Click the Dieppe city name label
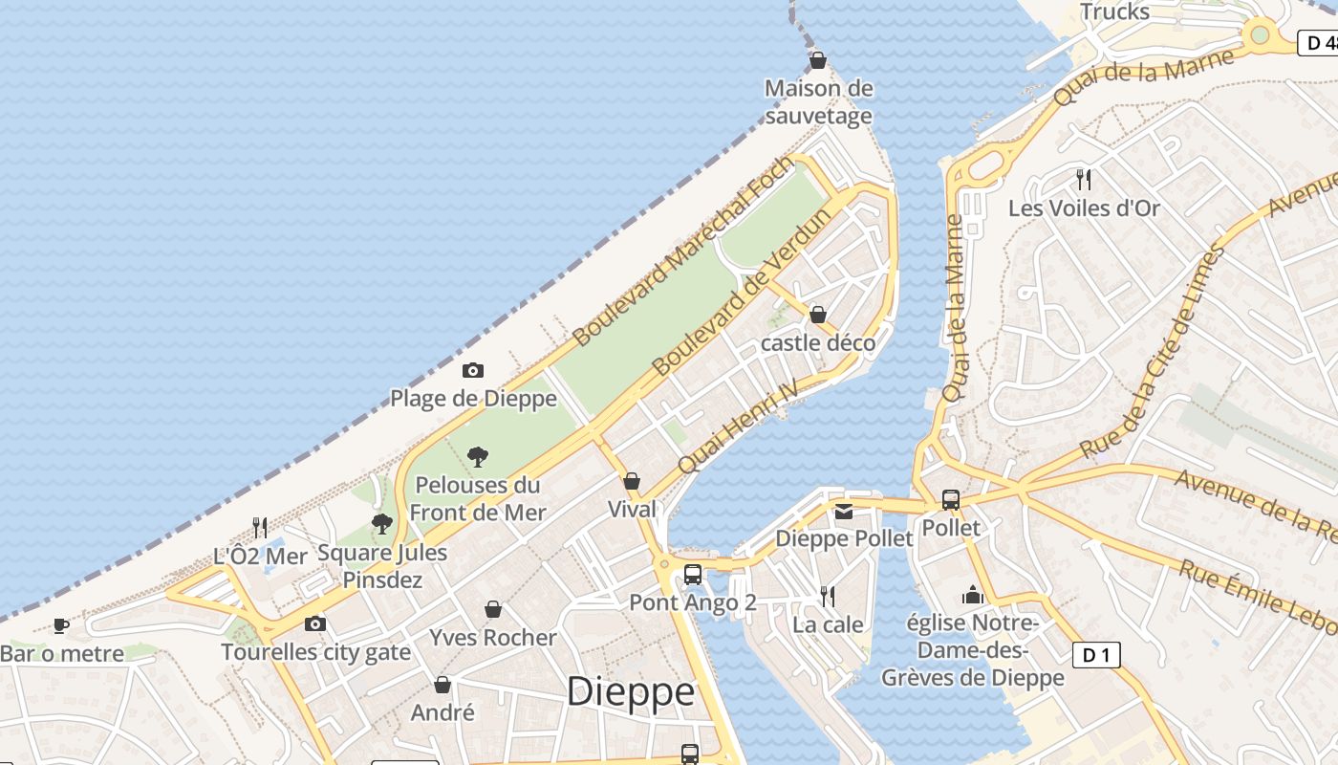tap(631, 691)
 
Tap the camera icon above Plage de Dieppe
tap(473, 371)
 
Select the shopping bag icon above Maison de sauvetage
tap(818, 61)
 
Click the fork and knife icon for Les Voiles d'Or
tap(1084, 179)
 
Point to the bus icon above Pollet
tap(951, 500)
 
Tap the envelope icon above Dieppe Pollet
tap(844, 512)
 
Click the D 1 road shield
tap(1096, 655)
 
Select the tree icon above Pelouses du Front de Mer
tap(478, 457)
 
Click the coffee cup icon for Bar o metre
tap(61, 626)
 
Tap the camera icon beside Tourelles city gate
tap(315, 624)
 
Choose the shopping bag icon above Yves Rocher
tap(493, 609)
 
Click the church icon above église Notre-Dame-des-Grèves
tap(973, 596)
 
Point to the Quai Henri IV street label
tap(737, 426)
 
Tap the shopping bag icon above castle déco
tap(818, 315)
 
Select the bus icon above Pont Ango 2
tap(693, 575)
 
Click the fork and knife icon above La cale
tap(828, 597)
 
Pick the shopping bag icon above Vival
tap(632, 481)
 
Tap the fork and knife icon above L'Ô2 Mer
tap(259, 527)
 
